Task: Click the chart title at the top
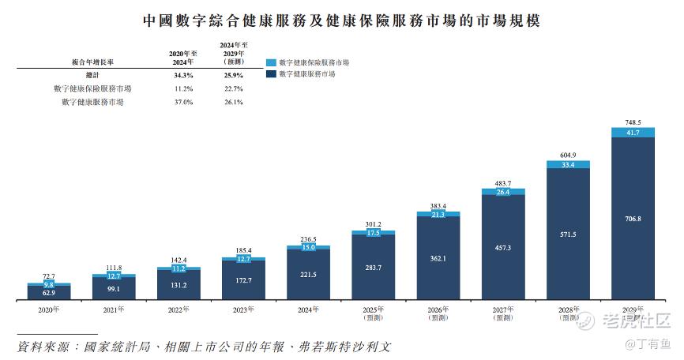coord(341,18)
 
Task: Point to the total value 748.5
coord(633,123)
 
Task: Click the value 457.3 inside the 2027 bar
coord(503,247)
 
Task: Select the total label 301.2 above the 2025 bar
coord(374,223)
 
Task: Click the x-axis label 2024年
coord(309,309)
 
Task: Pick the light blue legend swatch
coord(271,62)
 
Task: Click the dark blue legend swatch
coord(271,73)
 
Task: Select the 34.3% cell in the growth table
coord(183,75)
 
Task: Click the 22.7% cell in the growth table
coord(232,88)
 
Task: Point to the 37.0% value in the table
coord(183,102)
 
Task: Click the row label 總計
coord(92,75)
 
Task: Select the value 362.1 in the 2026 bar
coord(438,257)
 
